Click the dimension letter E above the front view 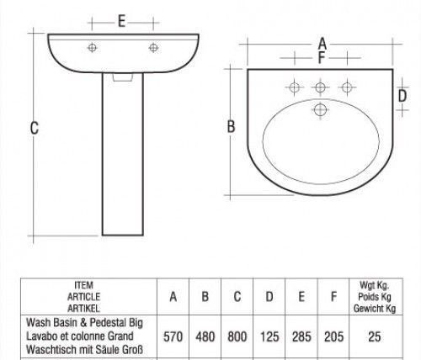pyautogui.click(x=122, y=23)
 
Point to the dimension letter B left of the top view pyautogui.click(x=230, y=127)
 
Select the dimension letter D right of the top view pyautogui.click(x=402, y=96)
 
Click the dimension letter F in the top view pyautogui.click(x=321, y=58)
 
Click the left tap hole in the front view pyautogui.click(x=91, y=46)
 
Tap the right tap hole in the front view pyautogui.click(x=153, y=46)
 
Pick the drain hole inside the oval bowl pyautogui.click(x=320, y=109)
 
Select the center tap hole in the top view pyautogui.click(x=320, y=86)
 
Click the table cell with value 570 pyautogui.click(x=173, y=336)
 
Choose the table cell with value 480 pyautogui.click(x=205, y=336)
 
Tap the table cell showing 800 pyautogui.click(x=237, y=336)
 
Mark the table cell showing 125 pyautogui.click(x=269, y=336)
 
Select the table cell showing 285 pyautogui.click(x=301, y=336)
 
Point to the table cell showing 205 pyautogui.click(x=333, y=336)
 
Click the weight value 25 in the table pyautogui.click(x=376, y=336)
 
